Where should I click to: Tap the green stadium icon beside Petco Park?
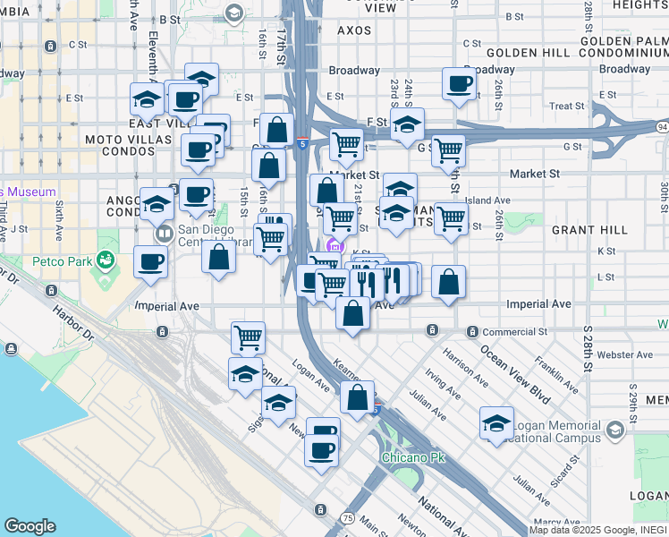point(106,260)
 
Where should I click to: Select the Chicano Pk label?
point(412,457)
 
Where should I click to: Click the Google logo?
point(30,526)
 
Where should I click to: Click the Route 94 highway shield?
point(661,128)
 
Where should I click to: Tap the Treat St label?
point(566,106)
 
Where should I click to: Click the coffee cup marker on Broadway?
point(459,85)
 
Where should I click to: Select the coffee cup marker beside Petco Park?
point(150,262)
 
